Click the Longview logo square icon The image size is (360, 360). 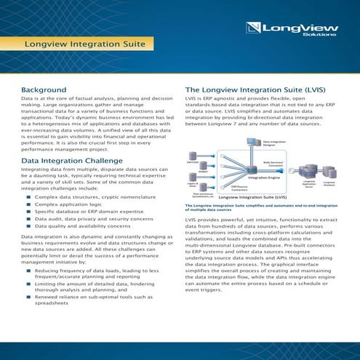click(x=253, y=29)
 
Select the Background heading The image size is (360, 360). click(x=44, y=90)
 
